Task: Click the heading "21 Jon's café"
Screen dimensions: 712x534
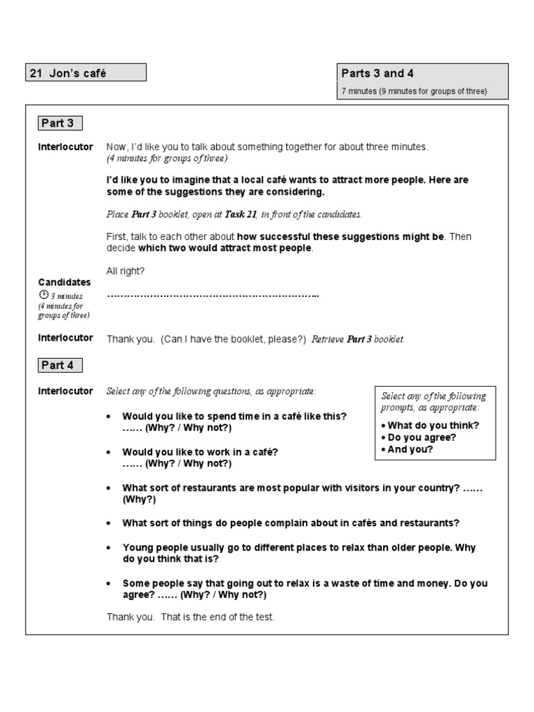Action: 68,73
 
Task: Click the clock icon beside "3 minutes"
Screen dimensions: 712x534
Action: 43,295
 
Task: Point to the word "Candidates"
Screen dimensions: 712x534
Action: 64,282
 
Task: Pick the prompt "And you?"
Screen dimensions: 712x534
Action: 410,449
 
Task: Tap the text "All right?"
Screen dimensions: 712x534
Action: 126,271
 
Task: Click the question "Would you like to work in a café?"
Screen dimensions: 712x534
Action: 200,452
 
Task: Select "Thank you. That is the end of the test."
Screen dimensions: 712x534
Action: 191,617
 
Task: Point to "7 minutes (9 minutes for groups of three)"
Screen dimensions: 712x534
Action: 414,91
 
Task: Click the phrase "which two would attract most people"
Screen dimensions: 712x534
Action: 225,248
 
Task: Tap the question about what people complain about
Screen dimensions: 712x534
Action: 291,523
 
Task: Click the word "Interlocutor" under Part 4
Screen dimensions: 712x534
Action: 65,391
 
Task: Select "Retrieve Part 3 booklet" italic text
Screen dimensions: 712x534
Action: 358,339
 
